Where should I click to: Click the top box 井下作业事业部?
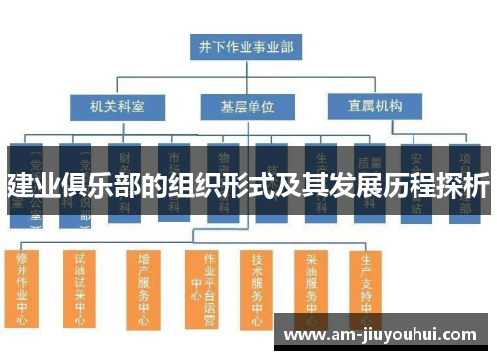(247, 46)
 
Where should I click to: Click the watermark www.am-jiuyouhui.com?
(382, 334)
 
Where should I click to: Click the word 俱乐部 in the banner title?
(108, 185)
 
